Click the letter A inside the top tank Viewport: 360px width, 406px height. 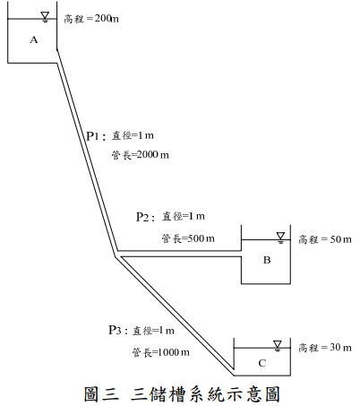(34, 39)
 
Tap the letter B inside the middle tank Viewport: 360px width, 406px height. (267, 260)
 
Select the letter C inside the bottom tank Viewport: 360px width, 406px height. (262, 363)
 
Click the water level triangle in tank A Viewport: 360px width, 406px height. (45, 16)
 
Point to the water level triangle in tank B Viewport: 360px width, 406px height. (280, 238)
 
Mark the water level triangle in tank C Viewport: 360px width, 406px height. (278, 346)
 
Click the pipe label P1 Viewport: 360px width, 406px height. (92, 136)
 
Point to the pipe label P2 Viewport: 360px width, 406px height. (142, 217)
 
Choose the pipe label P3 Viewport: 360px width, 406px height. (115, 330)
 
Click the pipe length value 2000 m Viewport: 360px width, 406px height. (152, 155)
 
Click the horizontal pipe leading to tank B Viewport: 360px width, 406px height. (179, 254)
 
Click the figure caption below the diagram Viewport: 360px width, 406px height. (182, 393)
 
